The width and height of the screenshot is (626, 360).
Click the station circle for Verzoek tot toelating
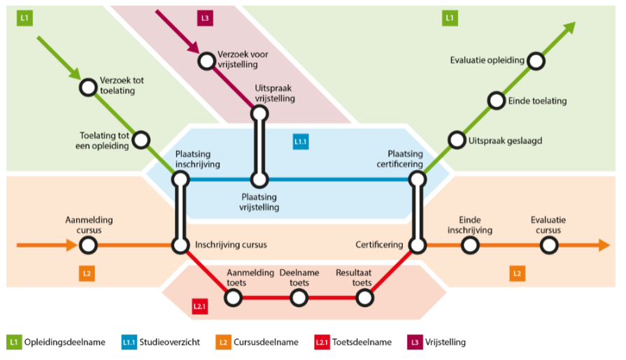click(88, 87)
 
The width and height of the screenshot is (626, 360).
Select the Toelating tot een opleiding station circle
click(141, 140)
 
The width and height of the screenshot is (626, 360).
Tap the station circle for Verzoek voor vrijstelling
click(207, 61)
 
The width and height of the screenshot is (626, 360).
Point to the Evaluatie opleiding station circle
click(536, 61)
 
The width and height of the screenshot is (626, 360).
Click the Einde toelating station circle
click(496, 101)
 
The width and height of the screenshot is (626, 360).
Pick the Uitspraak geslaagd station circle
click(457, 140)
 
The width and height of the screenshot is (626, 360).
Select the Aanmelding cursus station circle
click(88, 245)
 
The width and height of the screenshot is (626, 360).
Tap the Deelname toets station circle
click(299, 298)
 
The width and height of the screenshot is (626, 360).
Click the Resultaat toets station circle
click(364, 298)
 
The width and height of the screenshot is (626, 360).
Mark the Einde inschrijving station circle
click(470, 245)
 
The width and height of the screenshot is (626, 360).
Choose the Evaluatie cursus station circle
click(549, 245)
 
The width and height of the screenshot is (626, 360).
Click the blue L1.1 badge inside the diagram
click(301, 142)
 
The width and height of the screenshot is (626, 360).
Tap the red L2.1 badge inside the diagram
click(199, 306)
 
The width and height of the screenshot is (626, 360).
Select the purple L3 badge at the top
click(205, 18)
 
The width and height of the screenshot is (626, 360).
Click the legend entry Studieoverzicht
click(160, 343)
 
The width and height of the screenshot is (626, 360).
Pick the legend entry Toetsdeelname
click(353, 343)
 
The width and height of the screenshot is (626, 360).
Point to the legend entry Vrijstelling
click(436, 343)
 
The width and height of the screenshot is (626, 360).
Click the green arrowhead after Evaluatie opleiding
click(569, 29)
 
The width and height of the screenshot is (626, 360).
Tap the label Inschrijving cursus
click(231, 245)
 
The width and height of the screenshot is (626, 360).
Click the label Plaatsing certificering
click(399, 159)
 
